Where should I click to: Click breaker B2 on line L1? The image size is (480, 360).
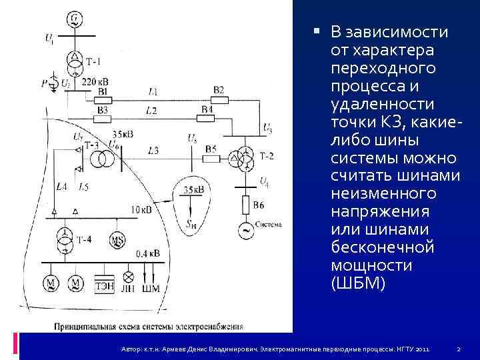point(219,100)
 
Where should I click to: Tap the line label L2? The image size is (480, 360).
point(151,109)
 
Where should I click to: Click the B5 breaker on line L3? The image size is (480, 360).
point(211,158)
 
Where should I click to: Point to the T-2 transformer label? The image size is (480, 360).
point(267,155)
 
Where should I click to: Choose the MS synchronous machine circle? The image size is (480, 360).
point(118,240)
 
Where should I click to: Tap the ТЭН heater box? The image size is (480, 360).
point(104,285)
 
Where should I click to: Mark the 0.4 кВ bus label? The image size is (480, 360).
point(148,253)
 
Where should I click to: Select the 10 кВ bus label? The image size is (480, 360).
point(141,209)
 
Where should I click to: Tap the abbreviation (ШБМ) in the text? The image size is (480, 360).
point(357,283)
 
